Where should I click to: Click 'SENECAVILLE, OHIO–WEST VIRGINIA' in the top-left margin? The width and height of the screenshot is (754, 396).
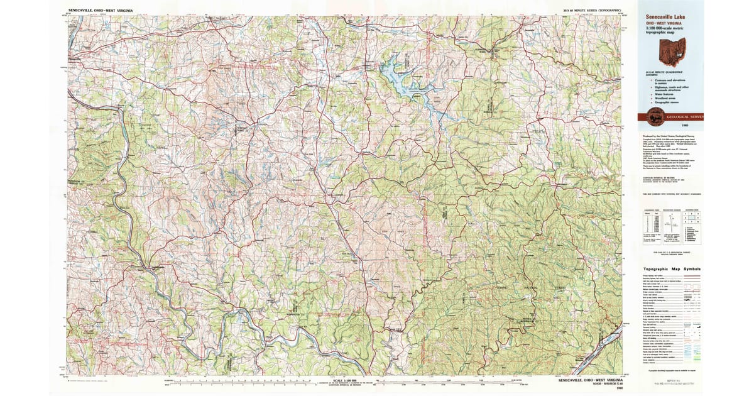click(x=105, y=11)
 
